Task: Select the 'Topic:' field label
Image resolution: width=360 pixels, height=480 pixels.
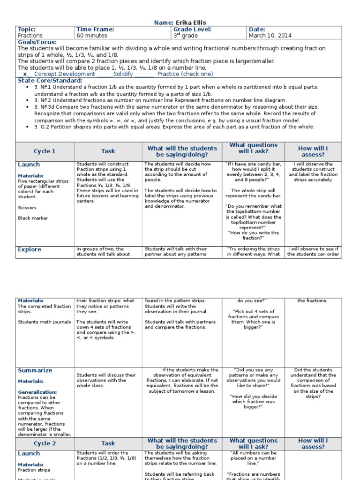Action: click(x=27, y=29)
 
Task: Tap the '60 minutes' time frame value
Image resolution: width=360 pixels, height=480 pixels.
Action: click(x=92, y=36)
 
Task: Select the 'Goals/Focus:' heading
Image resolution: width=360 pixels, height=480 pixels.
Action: click(x=37, y=42)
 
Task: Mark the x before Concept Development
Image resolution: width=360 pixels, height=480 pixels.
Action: click(x=25, y=74)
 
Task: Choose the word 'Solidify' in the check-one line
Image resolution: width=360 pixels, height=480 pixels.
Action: click(x=123, y=74)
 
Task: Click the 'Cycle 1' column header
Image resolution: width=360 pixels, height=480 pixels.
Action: click(x=45, y=151)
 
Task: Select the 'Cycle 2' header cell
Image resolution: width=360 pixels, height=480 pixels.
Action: click(x=45, y=443)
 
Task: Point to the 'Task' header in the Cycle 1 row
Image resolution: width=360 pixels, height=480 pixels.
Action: click(x=108, y=151)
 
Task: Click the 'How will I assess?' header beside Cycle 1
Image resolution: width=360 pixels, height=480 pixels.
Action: click(x=313, y=151)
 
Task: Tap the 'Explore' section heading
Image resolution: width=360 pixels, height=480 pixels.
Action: click(x=30, y=250)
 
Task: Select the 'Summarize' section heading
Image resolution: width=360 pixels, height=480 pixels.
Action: click(x=35, y=370)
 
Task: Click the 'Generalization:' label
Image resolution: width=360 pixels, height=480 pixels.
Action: click(x=37, y=392)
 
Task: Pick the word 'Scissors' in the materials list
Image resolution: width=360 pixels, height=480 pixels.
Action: click(x=27, y=207)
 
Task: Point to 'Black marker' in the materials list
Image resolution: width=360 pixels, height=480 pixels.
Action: click(x=33, y=218)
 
